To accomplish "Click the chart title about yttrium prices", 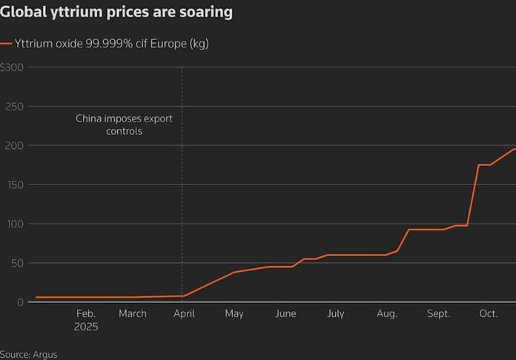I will tap(116, 13).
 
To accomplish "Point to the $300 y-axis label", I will tap(13, 67).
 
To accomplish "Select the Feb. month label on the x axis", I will tap(86, 314).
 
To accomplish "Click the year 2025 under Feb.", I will tap(86, 327).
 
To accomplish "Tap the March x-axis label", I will tap(133, 314).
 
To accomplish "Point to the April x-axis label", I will tap(184, 314).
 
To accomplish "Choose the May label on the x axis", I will tap(234, 314).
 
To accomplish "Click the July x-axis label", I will tap(336, 314).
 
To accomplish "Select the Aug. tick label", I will tap(386, 314).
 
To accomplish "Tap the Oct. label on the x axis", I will tap(488, 314).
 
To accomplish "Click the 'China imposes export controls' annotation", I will tap(129, 124).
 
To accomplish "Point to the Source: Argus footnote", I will tap(28, 354).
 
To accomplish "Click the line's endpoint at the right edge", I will tap(515, 149).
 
